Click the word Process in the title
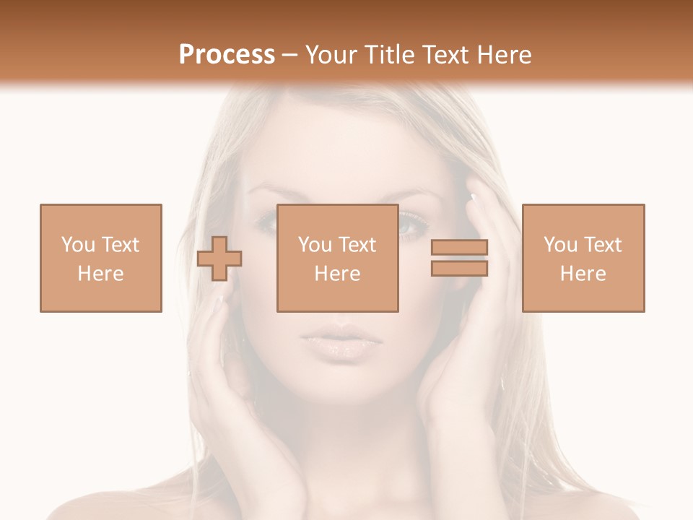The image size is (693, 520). pos(227,55)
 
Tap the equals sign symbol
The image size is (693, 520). pos(459,258)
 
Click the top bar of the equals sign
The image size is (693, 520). pos(459,248)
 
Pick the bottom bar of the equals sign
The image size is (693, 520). pos(459,268)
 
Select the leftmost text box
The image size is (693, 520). pos(100,258)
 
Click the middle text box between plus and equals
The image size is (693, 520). pos(337,258)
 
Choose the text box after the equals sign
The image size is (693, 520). pos(583,258)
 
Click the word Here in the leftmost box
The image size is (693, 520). pos(100,274)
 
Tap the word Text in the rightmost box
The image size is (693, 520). pos(602,245)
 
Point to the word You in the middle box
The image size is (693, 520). pos(315,245)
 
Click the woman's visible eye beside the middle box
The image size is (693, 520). pos(412,226)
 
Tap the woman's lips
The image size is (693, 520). pos(338,341)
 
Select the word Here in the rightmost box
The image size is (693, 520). pos(583,274)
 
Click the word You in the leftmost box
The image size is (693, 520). pos(78,245)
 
